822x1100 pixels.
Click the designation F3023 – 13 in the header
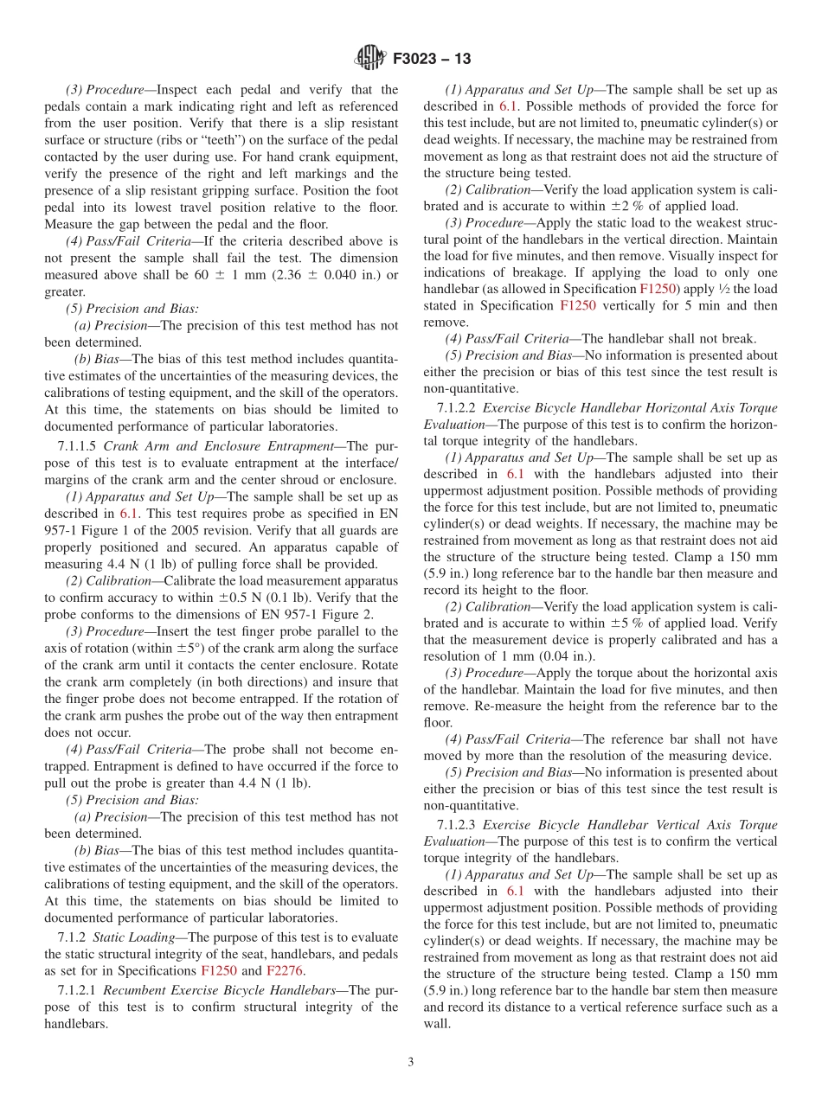tap(432, 59)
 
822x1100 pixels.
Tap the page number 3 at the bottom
tap(411, 1062)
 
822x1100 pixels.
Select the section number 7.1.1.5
tap(77, 446)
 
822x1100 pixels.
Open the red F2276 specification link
tap(284, 971)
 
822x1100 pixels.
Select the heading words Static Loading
tap(138, 937)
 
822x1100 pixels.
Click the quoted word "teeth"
tap(263, 140)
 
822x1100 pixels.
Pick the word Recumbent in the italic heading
tap(141, 989)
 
